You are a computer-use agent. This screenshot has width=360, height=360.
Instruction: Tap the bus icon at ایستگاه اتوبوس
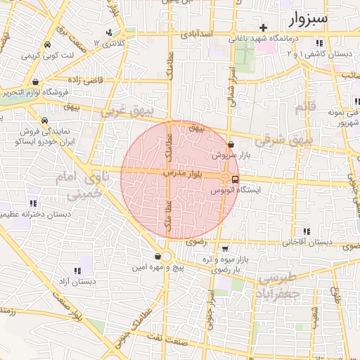click(x=235, y=179)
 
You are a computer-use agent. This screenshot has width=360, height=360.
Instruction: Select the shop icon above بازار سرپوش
click(x=231, y=144)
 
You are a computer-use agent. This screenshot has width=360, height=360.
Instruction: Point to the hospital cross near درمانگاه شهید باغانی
click(x=263, y=28)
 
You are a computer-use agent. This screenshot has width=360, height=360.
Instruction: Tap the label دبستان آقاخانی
click(x=307, y=242)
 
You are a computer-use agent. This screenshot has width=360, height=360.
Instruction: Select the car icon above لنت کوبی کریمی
click(x=46, y=44)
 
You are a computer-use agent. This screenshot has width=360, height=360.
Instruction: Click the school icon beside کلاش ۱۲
click(x=109, y=33)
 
